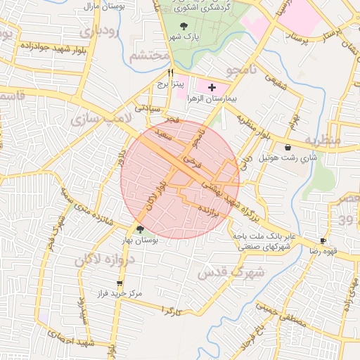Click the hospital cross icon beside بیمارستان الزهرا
tap(212, 87)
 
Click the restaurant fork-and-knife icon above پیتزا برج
tap(170, 72)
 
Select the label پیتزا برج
tap(171, 84)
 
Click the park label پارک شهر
tap(187, 37)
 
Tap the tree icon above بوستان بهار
tap(139, 229)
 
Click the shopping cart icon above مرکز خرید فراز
tap(119, 283)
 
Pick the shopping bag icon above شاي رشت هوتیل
tap(289, 148)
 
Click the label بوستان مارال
tap(94, 6)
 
